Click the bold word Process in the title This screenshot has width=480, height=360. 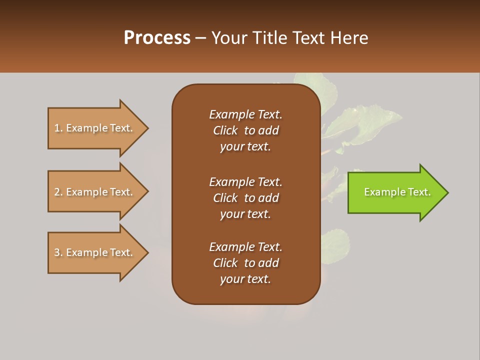point(157,38)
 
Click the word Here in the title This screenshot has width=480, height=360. point(349,38)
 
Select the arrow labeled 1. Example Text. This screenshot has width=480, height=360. point(93,128)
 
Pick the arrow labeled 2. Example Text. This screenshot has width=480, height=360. point(93,192)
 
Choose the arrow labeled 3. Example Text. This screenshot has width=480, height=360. point(93,252)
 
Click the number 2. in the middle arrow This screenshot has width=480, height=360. point(58,192)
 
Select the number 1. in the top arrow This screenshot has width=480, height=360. point(58,128)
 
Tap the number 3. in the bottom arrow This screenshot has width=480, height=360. point(58,252)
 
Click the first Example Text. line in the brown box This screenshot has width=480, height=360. point(245,114)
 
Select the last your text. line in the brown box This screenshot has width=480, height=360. point(245,279)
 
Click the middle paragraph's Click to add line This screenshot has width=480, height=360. point(245,198)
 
